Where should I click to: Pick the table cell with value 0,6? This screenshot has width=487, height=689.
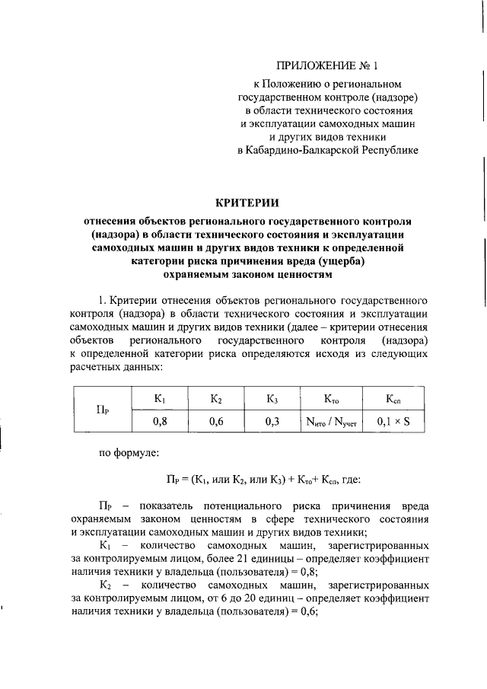[216, 419]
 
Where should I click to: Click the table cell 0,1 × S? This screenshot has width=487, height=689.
[393, 419]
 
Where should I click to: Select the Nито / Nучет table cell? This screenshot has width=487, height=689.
[331, 419]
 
